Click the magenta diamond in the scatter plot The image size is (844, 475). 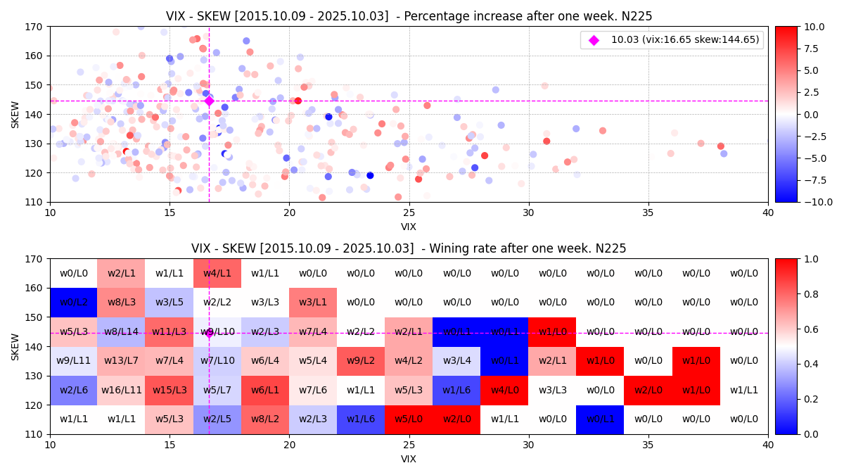click(x=209, y=101)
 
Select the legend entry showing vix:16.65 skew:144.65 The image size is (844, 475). click(x=672, y=40)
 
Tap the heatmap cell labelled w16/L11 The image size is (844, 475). click(x=122, y=390)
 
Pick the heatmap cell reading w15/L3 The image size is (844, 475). click(x=170, y=390)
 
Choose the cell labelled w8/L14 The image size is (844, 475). click(x=122, y=331)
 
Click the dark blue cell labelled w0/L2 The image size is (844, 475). click(x=74, y=302)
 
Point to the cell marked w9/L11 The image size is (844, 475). click(x=74, y=361)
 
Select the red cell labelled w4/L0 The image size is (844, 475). click(x=504, y=390)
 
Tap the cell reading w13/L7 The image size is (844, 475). click(x=122, y=361)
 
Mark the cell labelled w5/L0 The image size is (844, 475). click(x=409, y=419)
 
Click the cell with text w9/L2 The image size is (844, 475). click(x=361, y=361)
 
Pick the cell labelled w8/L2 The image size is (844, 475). click(x=265, y=419)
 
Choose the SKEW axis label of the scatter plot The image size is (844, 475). click(x=15, y=114)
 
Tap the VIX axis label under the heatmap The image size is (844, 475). click(x=409, y=459)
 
